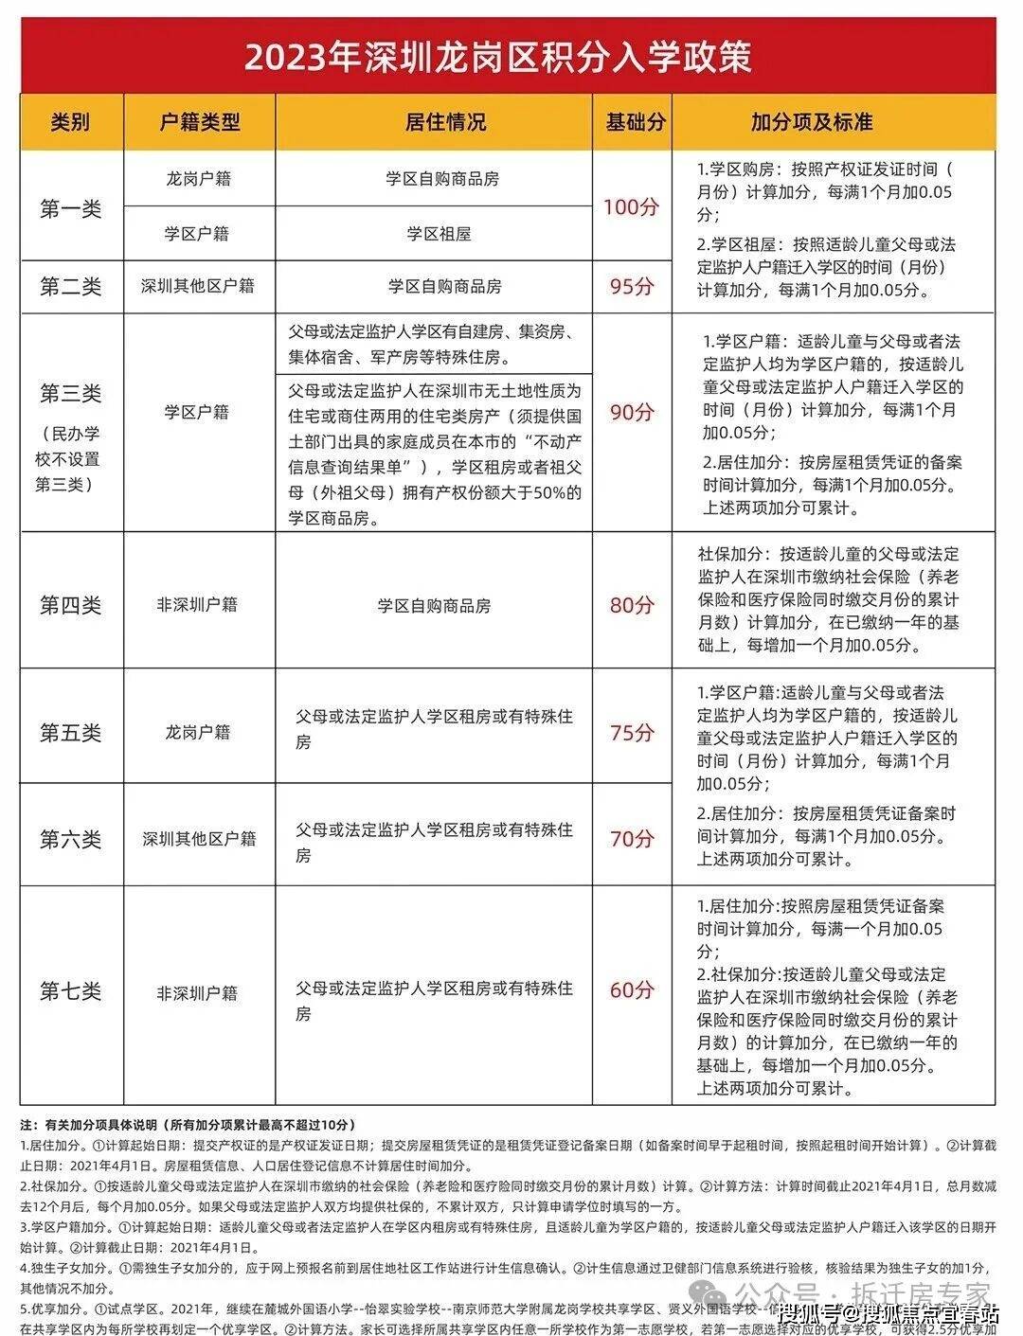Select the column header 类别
71,122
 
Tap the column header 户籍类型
199,122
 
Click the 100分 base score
631,206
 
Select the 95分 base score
631,286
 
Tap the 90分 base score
631,413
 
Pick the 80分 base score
631,605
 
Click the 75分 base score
631,733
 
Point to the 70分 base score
631,838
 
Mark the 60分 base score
631,990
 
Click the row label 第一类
70,208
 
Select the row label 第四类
70,605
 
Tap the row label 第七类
70,991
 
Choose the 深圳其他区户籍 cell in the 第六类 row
199,839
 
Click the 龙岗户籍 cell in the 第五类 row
198,732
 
